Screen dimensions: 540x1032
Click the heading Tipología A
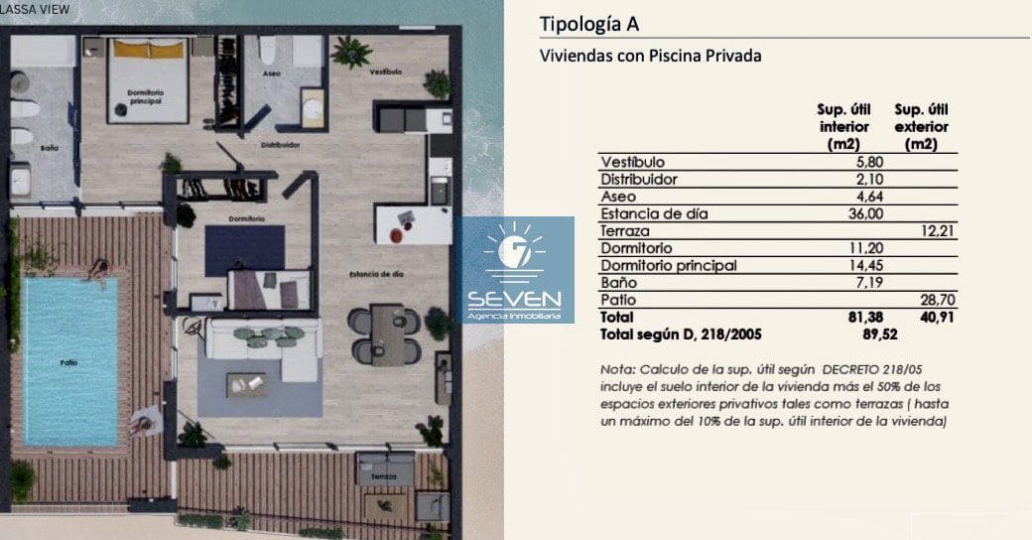pos(582,24)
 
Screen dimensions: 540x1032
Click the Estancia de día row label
pos(655,213)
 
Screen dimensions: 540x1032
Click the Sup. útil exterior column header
pos(921,126)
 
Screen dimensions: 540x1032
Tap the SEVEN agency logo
pos(514,270)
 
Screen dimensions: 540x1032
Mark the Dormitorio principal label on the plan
pos(145,95)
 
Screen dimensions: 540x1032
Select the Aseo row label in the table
pos(618,197)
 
